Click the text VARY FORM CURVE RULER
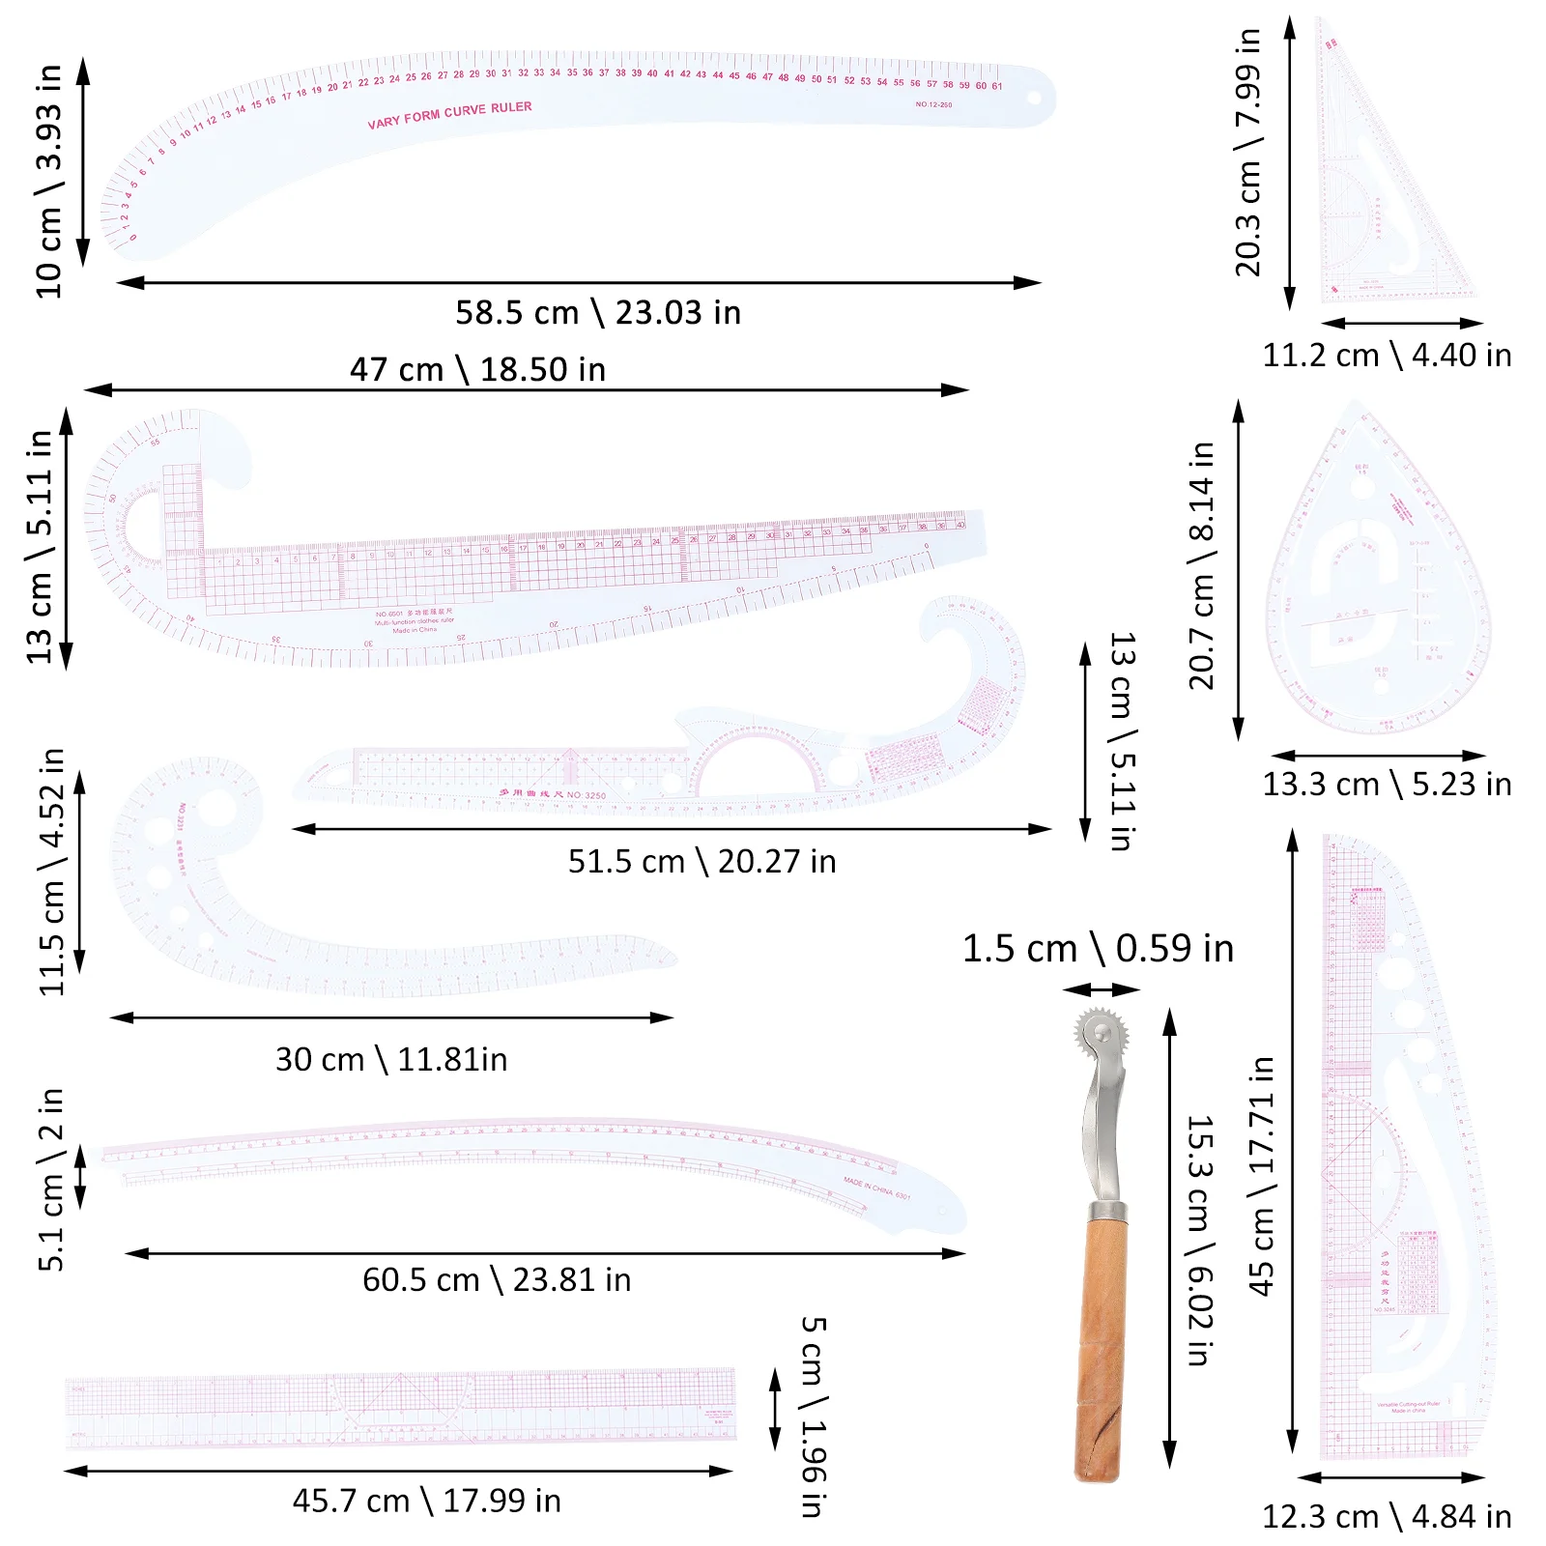449,114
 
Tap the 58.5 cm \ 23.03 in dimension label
598,313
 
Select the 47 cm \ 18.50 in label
477,369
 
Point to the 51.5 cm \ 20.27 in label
701,861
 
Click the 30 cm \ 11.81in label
391,1059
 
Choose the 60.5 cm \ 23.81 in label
497,1279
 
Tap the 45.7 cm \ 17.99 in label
426,1501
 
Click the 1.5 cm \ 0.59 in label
1098,949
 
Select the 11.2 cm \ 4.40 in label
1387,356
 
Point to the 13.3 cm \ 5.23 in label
1387,785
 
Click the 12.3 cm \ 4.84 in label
1387,1516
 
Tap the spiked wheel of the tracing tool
1101,1034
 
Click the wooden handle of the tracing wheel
1100,1353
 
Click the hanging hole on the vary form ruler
1033,99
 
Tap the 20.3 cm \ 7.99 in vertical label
1247,153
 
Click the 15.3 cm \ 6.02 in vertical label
1199,1241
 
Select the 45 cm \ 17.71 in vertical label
1261,1176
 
